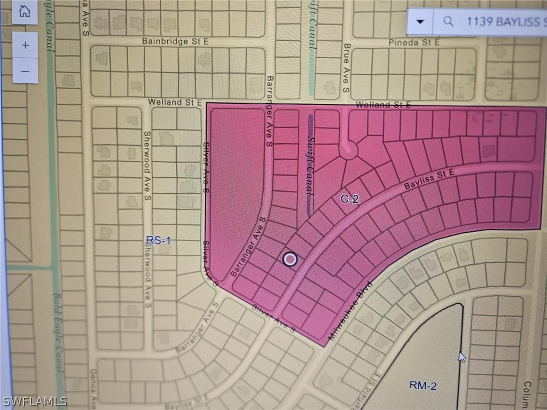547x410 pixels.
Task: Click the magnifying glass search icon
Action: (x=449, y=22)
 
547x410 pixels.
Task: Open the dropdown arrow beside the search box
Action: (x=420, y=22)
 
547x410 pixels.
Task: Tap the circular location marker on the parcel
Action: (x=290, y=259)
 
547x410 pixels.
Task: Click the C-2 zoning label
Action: (x=349, y=199)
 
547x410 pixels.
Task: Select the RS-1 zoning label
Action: (x=159, y=241)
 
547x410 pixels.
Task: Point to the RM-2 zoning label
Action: (x=423, y=385)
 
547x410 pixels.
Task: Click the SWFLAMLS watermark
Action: (x=35, y=400)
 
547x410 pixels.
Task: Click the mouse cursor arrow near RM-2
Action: (x=462, y=356)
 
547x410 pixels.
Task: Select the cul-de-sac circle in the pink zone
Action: (x=348, y=150)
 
